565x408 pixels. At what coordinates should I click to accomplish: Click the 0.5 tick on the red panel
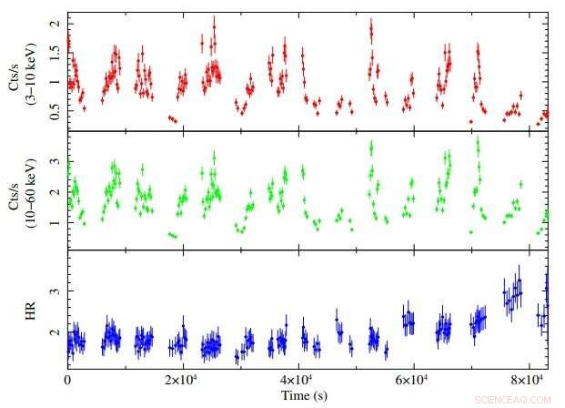56,114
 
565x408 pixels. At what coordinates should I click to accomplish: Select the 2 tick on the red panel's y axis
57,22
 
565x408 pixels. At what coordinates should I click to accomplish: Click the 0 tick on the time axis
67,379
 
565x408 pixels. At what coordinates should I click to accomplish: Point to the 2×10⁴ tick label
181,378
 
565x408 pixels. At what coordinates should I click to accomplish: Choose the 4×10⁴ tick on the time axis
297,378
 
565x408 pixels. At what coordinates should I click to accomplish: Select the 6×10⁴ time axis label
412,378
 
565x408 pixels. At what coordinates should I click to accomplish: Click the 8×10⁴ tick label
527,378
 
